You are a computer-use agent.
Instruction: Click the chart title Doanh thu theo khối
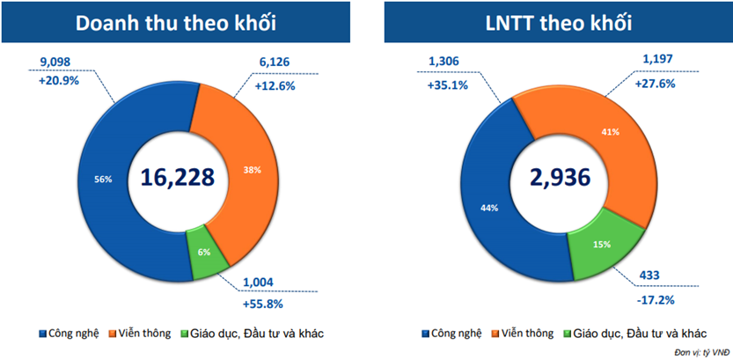click(x=178, y=24)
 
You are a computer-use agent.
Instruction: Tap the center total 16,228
click(x=178, y=176)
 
